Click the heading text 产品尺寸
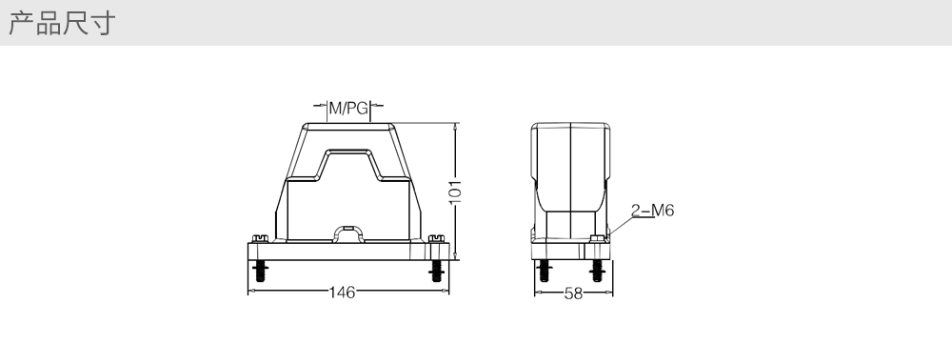pyautogui.click(x=61, y=23)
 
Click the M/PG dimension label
pyautogui.click(x=348, y=109)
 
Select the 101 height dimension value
pyautogui.click(x=455, y=192)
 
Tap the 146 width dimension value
pyautogui.click(x=343, y=293)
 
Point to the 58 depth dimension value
pyautogui.click(x=573, y=293)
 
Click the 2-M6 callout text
pyautogui.click(x=653, y=211)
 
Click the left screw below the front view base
pyautogui.click(x=261, y=271)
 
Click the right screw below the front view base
pyautogui.click(x=436, y=271)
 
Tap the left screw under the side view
pyautogui.click(x=544, y=271)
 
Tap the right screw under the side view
pyautogui.click(x=598, y=271)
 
